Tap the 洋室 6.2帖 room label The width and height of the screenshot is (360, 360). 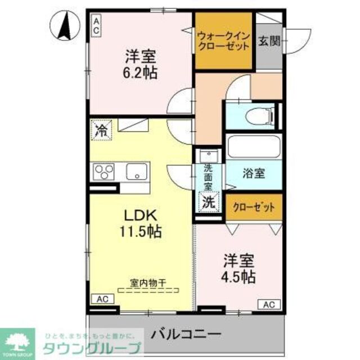[x=141, y=64]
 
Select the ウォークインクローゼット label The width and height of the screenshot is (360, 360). [x=223, y=40]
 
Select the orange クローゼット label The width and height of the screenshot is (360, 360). [x=254, y=207]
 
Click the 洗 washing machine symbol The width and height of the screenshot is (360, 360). [x=209, y=203]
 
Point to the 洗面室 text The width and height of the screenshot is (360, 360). [x=209, y=174]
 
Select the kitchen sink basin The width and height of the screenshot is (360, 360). [x=137, y=170]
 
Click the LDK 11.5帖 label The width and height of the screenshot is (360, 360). [x=141, y=223]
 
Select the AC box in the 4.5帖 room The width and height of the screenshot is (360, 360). [x=269, y=304]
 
